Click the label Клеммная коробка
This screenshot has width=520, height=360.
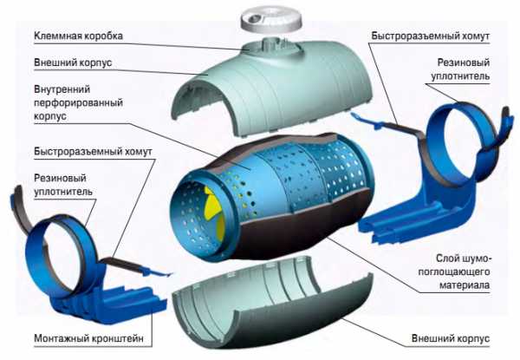pyautogui.click(x=78, y=36)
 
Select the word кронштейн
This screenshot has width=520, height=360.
pyautogui.click(x=119, y=338)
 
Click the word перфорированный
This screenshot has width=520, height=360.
pyautogui.click(x=78, y=103)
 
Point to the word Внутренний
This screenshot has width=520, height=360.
pyautogui.click(x=62, y=89)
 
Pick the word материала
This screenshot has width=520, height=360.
pyautogui.click(x=465, y=285)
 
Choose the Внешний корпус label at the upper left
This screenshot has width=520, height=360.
pyautogui.click(x=73, y=62)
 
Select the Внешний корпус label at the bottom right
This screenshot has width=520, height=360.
pyautogui.click(x=451, y=338)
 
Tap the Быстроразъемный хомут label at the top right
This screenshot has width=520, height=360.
pyautogui.click(x=431, y=36)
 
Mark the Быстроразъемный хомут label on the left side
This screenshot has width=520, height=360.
pyautogui.click(x=94, y=152)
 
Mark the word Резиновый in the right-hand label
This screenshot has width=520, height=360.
pyautogui.click(x=464, y=62)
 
